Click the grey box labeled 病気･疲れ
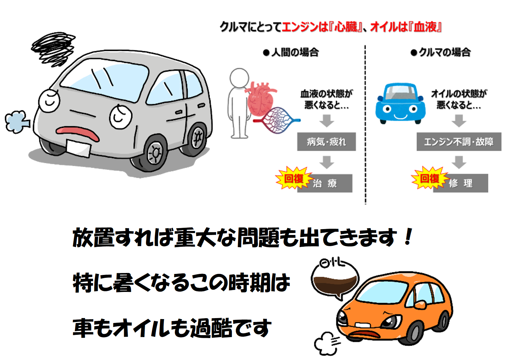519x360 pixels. (326, 142)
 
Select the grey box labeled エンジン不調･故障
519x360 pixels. (458, 142)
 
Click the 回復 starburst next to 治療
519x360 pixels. (293, 179)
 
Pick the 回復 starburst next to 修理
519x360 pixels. (429, 178)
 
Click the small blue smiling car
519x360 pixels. (400, 103)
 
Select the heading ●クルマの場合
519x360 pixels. (440, 52)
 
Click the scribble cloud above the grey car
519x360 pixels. (53, 47)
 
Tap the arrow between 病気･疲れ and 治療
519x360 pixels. (326, 162)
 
